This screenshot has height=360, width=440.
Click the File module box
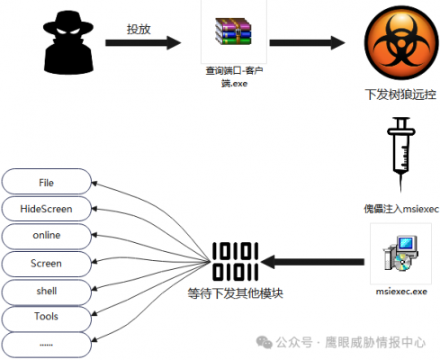[x=46, y=182]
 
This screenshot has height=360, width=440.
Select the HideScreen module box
[x=46, y=209]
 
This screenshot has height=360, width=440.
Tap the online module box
[x=46, y=236]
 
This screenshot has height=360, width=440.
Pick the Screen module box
[x=46, y=264]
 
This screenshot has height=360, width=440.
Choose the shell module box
[x=46, y=292]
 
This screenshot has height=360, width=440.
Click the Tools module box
[x=46, y=318]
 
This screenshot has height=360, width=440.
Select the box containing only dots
[x=46, y=345]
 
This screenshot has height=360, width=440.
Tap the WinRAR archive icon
[x=233, y=31]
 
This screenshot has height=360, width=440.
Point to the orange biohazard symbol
[x=401, y=42]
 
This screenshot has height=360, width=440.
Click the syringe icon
[x=401, y=154]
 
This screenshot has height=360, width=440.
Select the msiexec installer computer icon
[x=400, y=254]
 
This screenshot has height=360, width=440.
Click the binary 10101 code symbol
[x=235, y=261]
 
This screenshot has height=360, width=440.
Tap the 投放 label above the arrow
[x=139, y=29]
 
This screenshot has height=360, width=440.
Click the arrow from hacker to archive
[x=143, y=42]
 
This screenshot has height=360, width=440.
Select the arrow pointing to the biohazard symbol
[x=307, y=42]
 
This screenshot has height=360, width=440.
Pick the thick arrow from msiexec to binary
[x=312, y=262]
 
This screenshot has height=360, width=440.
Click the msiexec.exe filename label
[x=401, y=292]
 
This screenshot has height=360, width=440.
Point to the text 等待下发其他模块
[x=236, y=293]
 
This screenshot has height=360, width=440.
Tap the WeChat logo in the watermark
[x=264, y=342]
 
